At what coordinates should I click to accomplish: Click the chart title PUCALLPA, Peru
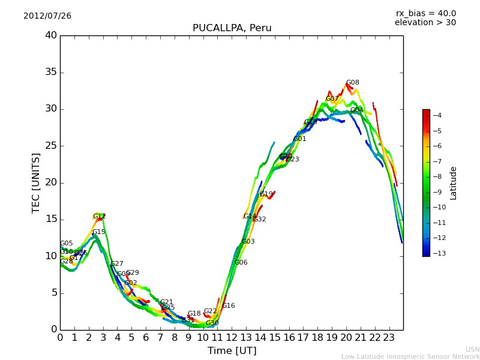tap(232, 28)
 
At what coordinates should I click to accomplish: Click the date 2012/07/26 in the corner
tap(47, 16)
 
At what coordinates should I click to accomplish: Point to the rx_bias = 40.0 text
tap(425, 13)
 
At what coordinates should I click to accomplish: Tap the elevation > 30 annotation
tap(425, 23)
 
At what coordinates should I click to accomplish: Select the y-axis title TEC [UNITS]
tap(36, 182)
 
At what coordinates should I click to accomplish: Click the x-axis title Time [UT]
tap(232, 351)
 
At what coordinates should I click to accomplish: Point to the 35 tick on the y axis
tap(50, 73)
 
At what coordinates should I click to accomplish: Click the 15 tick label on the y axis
tap(50, 220)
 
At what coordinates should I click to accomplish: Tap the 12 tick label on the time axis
tap(232, 337)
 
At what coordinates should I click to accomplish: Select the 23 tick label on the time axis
tap(389, 337)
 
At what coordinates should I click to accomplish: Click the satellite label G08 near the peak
tap(353, 83)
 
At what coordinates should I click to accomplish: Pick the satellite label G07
tap(332, 99)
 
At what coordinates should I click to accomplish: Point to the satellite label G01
tap(300, 139)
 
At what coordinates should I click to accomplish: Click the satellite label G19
tap(266, 194)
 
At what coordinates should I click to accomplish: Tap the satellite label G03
tap(248, 242)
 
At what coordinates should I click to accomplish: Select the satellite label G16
tap(229, 306)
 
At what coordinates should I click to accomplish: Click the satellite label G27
tap(117, 264)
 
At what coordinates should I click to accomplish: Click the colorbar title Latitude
tap(454, 182)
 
